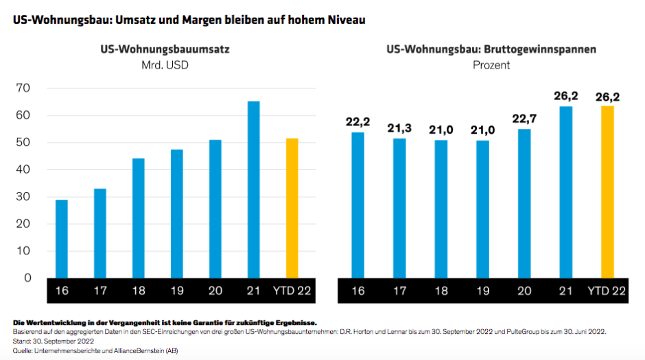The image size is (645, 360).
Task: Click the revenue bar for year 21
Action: tap(254, 189)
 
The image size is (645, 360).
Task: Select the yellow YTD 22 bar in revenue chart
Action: tap(292, 208)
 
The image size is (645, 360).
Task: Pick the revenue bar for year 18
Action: tap(139, 218)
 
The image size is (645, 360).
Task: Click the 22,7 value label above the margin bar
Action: tap(524, 119)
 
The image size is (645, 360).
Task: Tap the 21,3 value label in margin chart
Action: tap(399, 128)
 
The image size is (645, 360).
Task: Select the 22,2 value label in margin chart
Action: tap(357, 122)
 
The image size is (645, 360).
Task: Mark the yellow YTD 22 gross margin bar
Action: tap(607, 192)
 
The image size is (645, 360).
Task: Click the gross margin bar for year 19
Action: tap(482, 209)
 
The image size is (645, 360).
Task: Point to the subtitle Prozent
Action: tap(491, 66)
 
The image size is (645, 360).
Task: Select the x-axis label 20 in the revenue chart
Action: tap(215, 291)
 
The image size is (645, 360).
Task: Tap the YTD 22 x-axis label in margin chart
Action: tap(607, 291)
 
